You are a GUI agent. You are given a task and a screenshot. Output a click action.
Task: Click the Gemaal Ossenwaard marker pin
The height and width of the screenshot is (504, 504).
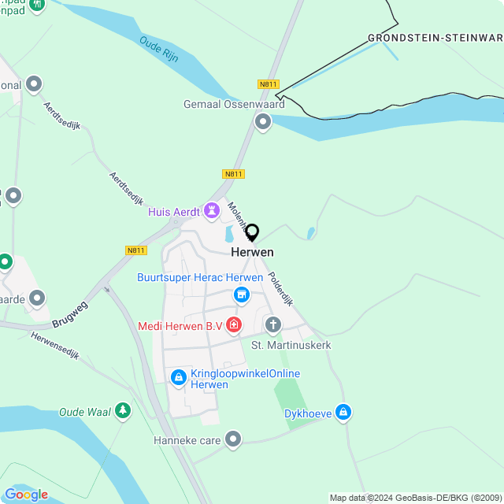[262, 121]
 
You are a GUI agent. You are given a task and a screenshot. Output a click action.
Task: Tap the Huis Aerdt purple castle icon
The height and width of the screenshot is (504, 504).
[211, 211]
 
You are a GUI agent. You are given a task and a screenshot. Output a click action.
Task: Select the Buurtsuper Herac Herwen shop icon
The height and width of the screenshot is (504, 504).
[242, 295]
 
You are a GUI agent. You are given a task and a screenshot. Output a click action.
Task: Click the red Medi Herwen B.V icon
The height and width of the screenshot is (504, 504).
[234, 324]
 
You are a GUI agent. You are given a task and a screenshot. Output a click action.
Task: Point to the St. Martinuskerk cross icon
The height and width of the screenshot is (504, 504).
[273, 324]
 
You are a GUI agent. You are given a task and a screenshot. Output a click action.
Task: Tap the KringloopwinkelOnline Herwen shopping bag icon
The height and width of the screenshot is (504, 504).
[179, 378]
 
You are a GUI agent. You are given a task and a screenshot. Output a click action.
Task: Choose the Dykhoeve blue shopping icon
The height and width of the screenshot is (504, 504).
[343, 412]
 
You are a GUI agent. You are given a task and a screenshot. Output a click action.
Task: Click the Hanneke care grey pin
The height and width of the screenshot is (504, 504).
[233, 439]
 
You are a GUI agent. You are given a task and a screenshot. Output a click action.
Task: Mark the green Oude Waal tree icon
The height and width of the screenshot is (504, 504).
[122, 410]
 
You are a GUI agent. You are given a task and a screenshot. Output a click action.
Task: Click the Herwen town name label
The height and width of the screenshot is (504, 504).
[252, 252]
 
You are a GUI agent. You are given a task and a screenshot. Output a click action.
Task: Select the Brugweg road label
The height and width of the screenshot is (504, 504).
[69, 312]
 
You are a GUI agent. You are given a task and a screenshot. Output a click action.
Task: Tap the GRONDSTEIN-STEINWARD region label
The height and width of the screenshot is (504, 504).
[435, 38]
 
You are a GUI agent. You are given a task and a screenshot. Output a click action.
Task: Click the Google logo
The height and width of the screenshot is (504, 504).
[26, 495]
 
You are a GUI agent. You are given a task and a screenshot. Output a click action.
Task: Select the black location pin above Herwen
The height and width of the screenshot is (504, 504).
[252, 233]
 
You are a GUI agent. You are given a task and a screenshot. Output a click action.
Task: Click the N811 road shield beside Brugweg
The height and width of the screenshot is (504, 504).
[136, 250]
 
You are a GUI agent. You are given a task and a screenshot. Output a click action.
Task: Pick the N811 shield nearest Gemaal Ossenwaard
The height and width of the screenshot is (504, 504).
[269, 84]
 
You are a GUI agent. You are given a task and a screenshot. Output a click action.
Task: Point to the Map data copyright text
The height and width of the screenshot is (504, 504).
[415, 498]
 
